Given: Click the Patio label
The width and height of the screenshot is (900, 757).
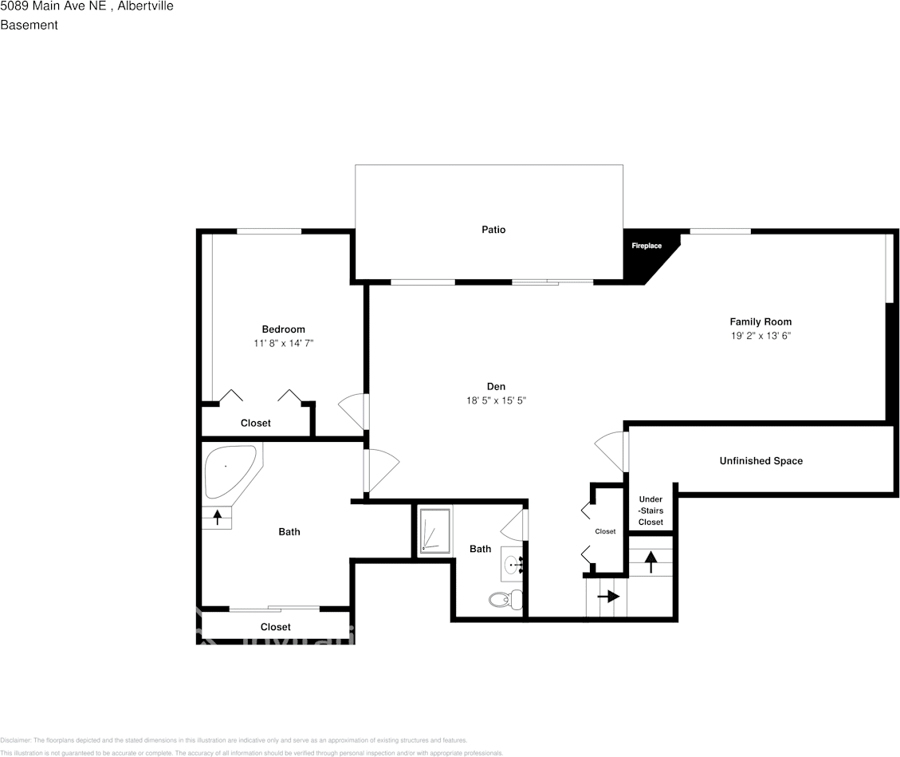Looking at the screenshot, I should click(x=493, y=230).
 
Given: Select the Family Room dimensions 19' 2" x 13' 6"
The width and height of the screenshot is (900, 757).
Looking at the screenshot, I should click(x=760, y=336).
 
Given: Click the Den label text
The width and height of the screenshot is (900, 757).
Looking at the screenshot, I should click(x=496, y=387).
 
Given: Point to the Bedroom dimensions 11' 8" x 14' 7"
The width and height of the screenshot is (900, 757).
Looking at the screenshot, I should click(x=283, y=343).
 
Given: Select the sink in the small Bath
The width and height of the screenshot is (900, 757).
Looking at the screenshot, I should click(x=513, y=565).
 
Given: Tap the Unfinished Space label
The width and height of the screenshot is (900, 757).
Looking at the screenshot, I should click(x=760, y=461).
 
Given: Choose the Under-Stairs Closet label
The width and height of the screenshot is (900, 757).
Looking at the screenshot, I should click(x=650, y=511).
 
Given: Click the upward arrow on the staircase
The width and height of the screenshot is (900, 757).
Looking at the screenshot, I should click(x=650, y=562).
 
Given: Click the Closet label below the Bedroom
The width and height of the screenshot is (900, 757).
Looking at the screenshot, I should click(x=256, y=423).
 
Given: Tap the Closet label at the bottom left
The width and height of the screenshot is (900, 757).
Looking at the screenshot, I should click(x=276, y=627).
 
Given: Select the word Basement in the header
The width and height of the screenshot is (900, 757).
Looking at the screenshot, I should click(x=29, y=25).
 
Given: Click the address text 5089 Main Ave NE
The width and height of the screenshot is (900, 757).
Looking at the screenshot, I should click(x=53, y=6).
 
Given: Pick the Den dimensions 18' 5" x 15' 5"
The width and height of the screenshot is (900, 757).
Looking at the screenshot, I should click(x=496, y=400).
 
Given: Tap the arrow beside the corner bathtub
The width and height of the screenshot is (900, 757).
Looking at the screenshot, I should click(x=217, y=517).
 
